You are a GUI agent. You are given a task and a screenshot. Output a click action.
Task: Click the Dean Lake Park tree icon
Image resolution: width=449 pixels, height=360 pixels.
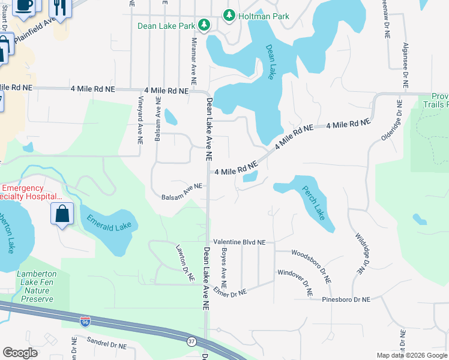205,25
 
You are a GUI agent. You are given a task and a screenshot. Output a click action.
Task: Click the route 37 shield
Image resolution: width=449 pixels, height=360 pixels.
191,341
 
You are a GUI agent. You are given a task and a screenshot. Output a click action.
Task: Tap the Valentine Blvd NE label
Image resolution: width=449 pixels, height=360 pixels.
239,242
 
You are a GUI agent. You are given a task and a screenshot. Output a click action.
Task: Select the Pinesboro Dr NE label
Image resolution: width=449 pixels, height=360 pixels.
346,299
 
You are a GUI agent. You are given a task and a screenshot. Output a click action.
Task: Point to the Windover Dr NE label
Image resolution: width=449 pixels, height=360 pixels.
295,282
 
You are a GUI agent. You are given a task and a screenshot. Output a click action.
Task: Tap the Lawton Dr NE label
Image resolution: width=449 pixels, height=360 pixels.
185,263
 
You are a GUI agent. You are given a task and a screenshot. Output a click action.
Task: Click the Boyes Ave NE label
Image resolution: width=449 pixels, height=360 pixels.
223,267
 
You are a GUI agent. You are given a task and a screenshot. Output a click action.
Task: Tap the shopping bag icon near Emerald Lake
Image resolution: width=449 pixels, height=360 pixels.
62,214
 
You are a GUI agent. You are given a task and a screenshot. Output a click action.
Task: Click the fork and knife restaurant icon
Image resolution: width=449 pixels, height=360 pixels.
59,6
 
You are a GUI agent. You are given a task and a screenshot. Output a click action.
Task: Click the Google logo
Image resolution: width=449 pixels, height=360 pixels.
20,353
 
